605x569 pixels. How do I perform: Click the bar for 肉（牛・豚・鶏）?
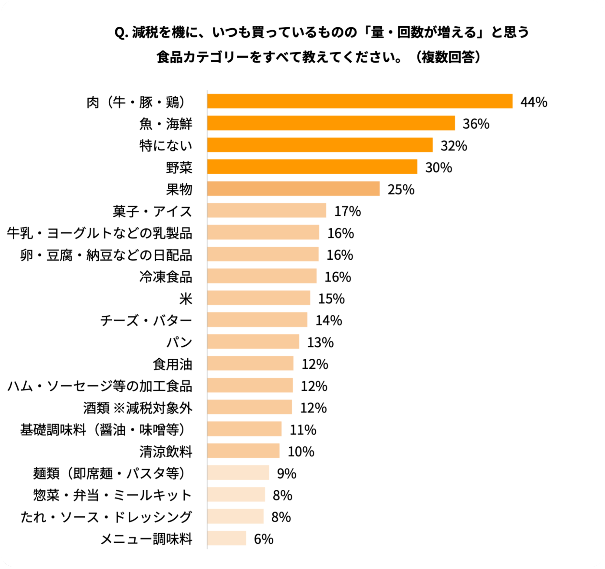(360, 101)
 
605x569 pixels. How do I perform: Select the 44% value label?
(534, 102)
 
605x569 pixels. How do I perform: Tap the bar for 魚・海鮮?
(331, 123)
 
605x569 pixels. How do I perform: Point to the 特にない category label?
(166, 146)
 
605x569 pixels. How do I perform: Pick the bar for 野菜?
(312, 166)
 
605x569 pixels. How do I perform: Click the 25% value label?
(401, 189)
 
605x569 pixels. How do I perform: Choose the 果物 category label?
(179, 189)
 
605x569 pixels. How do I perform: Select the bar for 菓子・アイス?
(267, 210)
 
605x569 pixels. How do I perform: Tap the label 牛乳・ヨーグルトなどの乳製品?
(100, 233)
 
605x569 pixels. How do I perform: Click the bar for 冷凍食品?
(262, 276)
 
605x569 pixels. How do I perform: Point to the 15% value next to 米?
(331, 299)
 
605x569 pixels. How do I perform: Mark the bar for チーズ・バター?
(257, 320)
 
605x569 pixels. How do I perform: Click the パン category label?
(179, 342)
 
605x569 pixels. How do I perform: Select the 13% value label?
(320, 343)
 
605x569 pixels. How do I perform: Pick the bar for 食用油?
(250, 363)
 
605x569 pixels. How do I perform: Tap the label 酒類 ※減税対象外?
(138, 408)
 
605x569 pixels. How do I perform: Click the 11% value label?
(303, 430)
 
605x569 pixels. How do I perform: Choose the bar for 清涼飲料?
(243, 450)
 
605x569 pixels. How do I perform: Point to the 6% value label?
(264, 539)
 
